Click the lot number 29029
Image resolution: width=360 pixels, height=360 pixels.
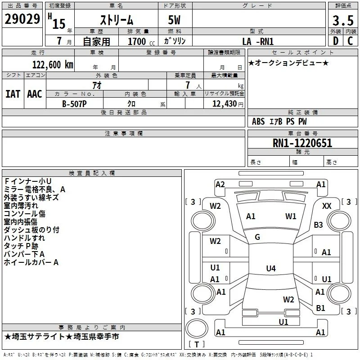pos(22,19)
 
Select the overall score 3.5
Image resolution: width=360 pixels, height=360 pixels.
pos(343,20)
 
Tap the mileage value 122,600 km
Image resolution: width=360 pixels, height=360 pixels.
pos(53,65)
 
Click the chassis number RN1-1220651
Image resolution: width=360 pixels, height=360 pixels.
pos(302,143)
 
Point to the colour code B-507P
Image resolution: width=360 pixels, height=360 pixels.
pos(74,104)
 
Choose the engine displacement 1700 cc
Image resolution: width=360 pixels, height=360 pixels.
pos(141,41)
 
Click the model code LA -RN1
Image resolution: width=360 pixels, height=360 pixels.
pos(258,41)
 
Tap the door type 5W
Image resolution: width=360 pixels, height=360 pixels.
pos(174,20)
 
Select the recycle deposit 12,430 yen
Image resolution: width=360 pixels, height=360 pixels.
pos(228,104)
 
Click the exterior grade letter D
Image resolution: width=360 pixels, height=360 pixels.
pos(336,41)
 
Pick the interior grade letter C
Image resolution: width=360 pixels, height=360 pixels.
pos(350,41)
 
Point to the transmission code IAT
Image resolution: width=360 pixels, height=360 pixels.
pos(13,94)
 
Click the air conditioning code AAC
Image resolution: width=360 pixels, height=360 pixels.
pos(35,94)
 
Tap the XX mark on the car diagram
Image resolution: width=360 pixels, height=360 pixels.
pos(327,206)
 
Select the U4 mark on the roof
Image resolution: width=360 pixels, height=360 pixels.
pos(271,268)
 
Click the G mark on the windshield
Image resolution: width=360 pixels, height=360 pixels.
pos(257,237)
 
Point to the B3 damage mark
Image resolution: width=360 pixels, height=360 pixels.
pos(318,225)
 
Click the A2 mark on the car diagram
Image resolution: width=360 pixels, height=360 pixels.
pos(220,184)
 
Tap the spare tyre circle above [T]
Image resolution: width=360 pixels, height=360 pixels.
pos(197,328)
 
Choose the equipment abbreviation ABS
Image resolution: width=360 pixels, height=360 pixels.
pos(258,121)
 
